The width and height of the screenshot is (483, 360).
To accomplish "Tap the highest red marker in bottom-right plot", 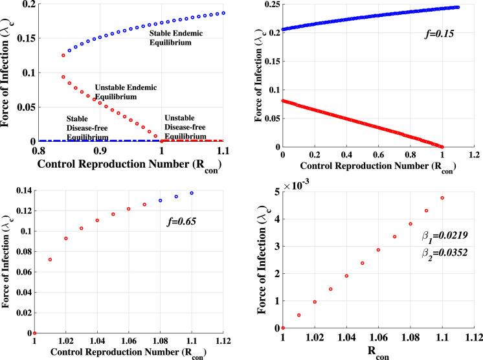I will (442, 198).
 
